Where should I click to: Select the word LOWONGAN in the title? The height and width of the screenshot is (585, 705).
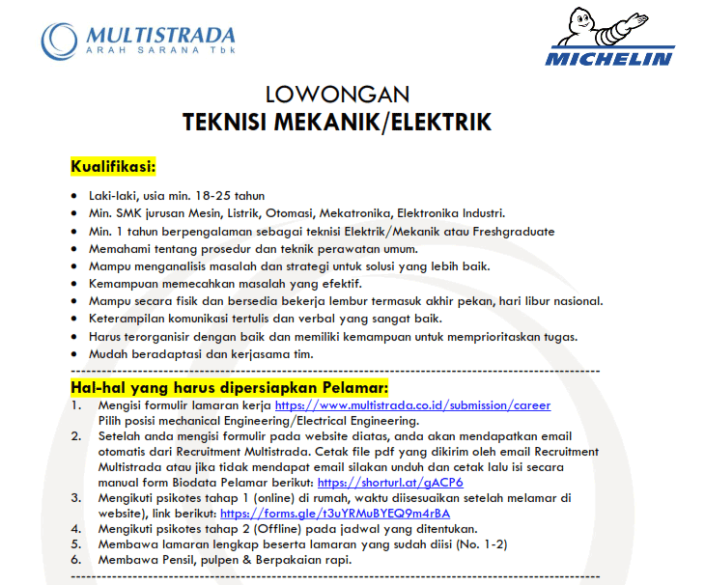click(x=337, y=95)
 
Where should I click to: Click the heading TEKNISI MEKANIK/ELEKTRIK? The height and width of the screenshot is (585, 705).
click(x=337, y=123)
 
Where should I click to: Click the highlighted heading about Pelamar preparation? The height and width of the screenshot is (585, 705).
click(x=229, y=387)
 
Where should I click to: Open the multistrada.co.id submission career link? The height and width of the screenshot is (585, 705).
click(x=412, y=405)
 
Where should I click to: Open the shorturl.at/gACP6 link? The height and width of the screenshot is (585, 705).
click(x=390, y=482)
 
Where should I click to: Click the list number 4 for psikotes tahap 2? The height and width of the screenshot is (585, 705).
click(x=76, y=528)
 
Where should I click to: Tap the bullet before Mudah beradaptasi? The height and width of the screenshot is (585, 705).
click(x=75, y=354)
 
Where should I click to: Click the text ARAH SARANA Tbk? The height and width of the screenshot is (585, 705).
click(x=160, y=49)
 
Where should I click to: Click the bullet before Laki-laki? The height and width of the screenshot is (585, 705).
click(x=75, y=195)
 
